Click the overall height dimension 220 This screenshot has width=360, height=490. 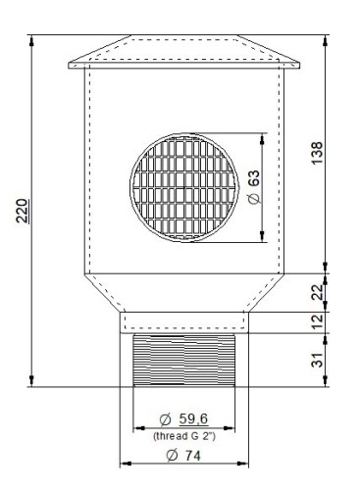click(x=23, y=211)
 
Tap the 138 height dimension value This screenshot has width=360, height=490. click(x=317, y=153)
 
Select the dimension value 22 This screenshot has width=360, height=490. click(x=317, y=292)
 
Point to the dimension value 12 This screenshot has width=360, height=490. click(x=317, y=321)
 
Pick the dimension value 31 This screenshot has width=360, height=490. click(x=317, y=360)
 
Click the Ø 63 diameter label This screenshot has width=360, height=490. click(x=254, y=187)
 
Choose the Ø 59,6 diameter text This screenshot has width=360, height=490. click(x=183, y=419)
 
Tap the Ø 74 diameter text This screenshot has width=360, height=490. click(x=183, y=456)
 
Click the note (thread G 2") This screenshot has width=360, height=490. click(x=184, y=436)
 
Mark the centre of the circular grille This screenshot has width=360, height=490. click(x=184, y=187)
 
